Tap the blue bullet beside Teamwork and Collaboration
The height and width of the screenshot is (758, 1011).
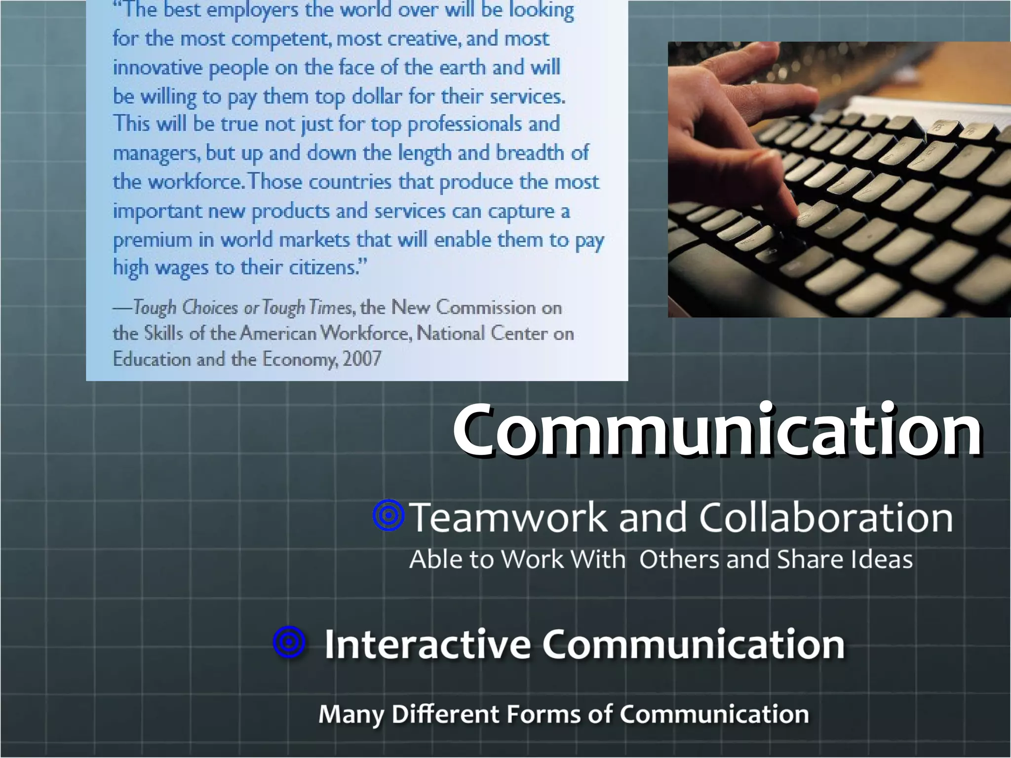389,516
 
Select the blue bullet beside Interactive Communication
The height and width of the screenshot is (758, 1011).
289,642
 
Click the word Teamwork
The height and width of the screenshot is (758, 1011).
508,517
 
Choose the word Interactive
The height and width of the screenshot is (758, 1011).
427,644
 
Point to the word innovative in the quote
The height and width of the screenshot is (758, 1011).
157,68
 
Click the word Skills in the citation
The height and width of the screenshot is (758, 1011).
163,333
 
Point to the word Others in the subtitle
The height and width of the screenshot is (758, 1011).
679,560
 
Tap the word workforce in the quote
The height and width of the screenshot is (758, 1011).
194,182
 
